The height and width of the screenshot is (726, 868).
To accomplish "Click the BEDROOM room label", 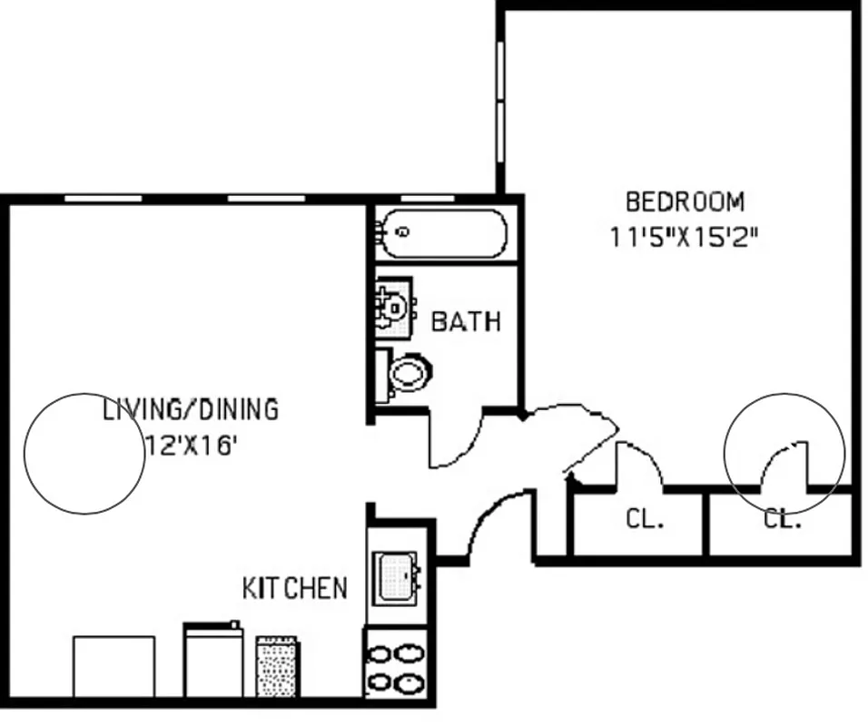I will coord(685,200).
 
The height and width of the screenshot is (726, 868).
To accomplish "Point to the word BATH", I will coord(465,321).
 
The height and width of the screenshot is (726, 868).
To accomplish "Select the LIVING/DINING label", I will coord(190,409).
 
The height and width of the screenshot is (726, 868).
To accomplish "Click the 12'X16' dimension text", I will coord(192,446).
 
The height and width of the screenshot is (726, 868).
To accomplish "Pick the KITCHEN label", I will coord(294,587).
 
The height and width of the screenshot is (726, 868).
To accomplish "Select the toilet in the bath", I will coord(406,372).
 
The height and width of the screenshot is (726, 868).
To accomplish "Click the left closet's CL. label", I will coord(645,520).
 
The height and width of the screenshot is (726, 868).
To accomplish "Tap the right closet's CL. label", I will coord(782,520).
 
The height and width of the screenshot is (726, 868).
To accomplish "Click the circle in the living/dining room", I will coord(84,453).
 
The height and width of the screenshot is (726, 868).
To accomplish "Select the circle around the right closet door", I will coord(784,452).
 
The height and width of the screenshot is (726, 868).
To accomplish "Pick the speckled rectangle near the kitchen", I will coord(278,666).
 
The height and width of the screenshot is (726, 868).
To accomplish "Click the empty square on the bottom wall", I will coord(113,667).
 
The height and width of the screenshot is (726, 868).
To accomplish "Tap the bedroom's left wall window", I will coord(499,100).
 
